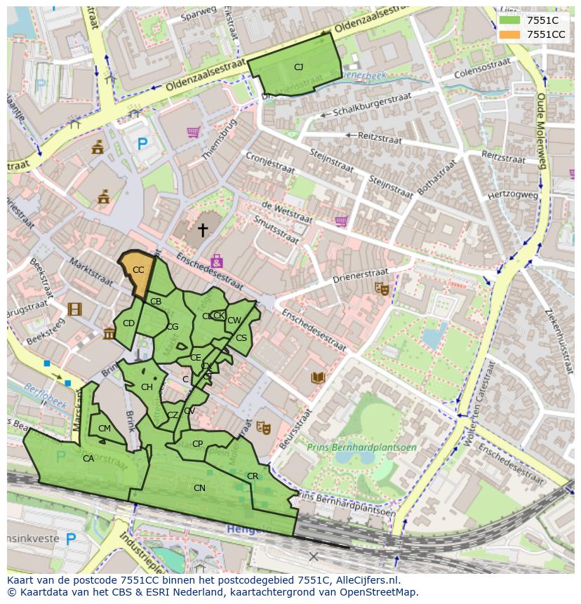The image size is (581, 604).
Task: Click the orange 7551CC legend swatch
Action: pos(511,34)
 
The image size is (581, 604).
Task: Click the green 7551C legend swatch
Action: pos(511,20)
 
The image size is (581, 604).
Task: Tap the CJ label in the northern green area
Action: pos(298,67)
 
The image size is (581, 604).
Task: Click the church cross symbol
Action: pos(203,229)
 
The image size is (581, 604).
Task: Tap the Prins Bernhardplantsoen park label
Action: pos(361,447)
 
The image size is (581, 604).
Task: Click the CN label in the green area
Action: pos(199,488)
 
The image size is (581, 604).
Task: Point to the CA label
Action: pos(88,459)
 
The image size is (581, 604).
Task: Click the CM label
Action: pos(105,429)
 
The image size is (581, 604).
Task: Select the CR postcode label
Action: pos(253,476)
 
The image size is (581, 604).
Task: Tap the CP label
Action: pos(197,444)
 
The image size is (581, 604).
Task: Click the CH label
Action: pos(147,387)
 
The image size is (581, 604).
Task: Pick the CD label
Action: pos(128,323)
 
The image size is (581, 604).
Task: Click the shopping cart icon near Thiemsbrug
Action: pos(193,131)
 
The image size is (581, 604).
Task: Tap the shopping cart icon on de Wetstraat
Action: pos(341,221)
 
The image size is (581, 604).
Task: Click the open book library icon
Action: pos(318,378)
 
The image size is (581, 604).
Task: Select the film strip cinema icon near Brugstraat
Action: pos(74,309)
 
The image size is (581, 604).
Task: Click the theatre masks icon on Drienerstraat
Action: pos(381,288)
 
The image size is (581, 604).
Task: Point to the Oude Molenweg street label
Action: pos(541,133)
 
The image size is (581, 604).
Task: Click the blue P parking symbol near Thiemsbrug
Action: pos(142,144)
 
